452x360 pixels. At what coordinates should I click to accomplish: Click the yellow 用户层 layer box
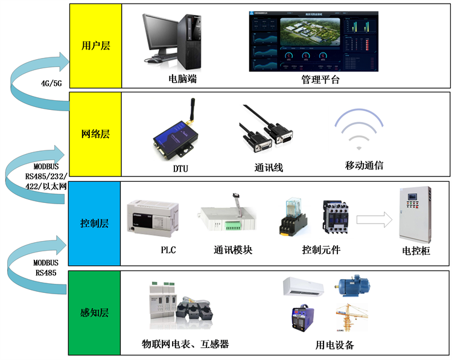(x=96, y=45)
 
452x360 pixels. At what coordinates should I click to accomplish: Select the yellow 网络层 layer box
(x=96, y=134)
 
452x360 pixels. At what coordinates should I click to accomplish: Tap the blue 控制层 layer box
(x=96, y=223)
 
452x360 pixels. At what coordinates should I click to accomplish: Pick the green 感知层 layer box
(x=96, y=313)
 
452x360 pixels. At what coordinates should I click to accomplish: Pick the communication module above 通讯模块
(x=226, y=217)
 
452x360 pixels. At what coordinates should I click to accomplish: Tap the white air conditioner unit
(x=307, y=287)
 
